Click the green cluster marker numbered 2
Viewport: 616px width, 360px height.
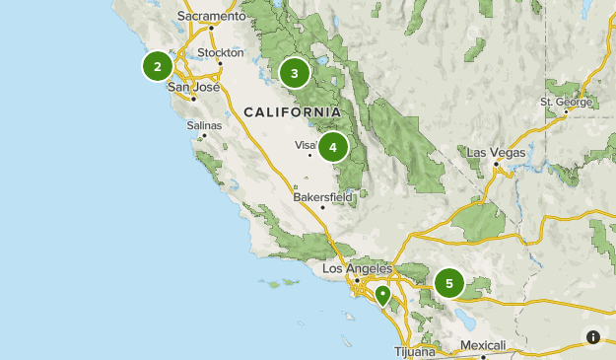[x=157, y=67]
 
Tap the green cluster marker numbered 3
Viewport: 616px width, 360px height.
[x=294, y=73]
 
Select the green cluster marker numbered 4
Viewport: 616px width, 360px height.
[x=333, y=148]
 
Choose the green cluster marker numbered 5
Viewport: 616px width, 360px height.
[x=449, y=284]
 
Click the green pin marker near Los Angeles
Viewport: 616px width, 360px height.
[x=381, y=294]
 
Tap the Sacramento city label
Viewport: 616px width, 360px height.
[x=212, y=17]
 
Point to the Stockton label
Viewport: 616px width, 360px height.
[x=220, y=52]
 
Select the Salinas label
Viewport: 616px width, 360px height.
[x=205, y=125]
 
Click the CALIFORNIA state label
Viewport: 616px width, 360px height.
[x=292, y=111]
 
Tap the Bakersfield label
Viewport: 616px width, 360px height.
[x=323, y=196]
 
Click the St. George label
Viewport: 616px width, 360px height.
[x=567, y=102]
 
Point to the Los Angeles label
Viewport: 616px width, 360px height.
[x=358, y=268]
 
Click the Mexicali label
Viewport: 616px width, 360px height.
[x=483, y=345]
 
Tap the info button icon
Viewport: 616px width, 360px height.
[x=592, y=337]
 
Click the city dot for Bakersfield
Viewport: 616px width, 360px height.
[x=322, y=207]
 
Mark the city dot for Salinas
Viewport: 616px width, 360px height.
[x=205, y=135]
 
